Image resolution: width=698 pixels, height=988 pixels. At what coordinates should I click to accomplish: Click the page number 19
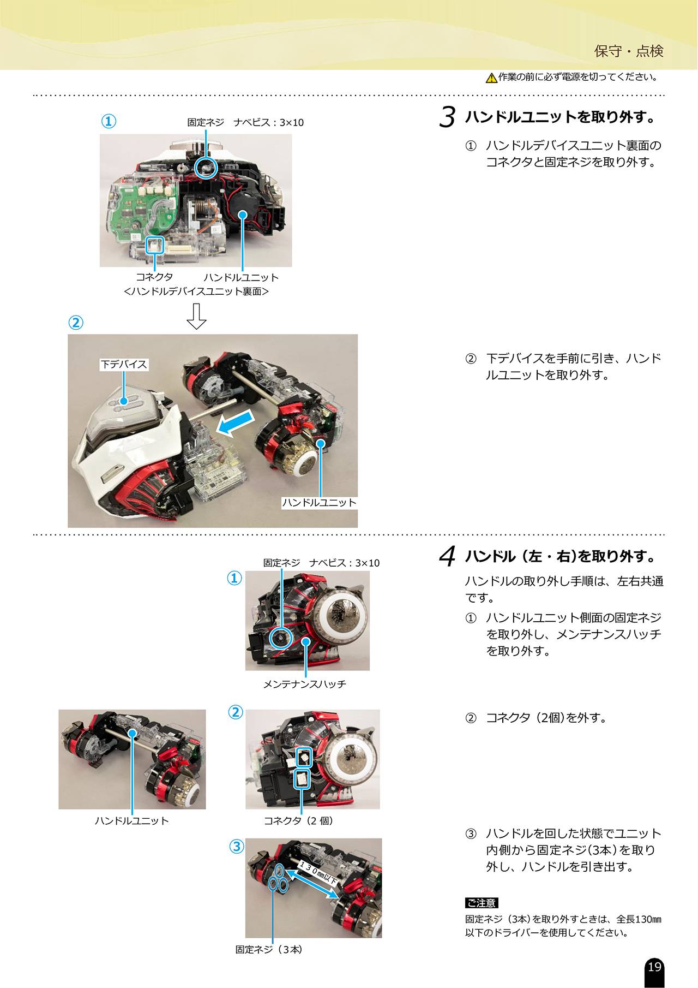(x=654, y=967)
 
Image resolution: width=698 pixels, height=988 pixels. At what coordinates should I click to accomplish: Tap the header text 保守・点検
(x=629, y=51)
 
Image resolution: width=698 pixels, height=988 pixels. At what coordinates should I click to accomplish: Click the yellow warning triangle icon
(x=491, y=78)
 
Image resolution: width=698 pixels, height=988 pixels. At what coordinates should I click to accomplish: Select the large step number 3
(x=447, y=117)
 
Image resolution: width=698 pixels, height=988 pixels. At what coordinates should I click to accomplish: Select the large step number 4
(x=447, y=557)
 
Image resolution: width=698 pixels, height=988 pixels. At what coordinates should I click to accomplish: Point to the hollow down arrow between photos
(x=196, y=317)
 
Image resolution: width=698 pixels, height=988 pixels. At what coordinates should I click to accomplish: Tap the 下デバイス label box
(x=124, y=364)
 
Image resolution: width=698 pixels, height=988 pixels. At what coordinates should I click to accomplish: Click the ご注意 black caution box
(x=482, y=903)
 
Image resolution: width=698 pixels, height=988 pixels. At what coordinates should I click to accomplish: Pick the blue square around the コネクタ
(x=155, y=245)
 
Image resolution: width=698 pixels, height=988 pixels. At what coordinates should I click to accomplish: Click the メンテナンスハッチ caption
(x=305, y=684)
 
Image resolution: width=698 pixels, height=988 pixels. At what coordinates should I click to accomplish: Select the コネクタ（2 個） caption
(x=299, y=820)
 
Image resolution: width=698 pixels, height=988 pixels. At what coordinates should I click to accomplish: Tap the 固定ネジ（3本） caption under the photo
(x=269, y=950)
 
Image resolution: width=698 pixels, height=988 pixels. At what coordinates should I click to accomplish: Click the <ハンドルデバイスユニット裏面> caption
(x=196, y=291)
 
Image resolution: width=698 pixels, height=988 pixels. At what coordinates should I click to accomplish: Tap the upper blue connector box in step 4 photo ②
(x=304, y=757)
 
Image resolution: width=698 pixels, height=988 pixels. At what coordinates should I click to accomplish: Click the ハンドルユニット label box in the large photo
(x=319, y=503)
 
